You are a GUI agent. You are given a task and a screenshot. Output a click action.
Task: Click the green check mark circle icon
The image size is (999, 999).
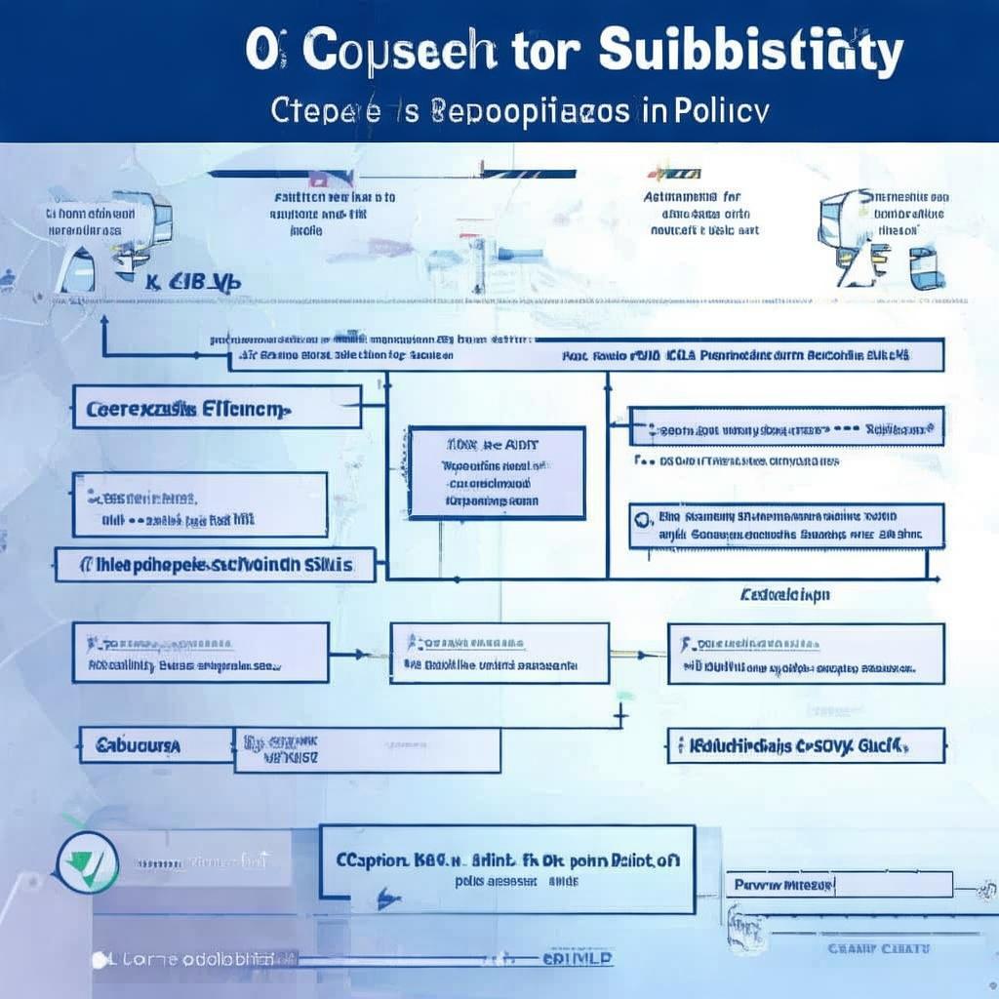pos(87,863)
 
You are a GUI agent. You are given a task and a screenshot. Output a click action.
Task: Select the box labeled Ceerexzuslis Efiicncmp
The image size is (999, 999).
pos(217,408)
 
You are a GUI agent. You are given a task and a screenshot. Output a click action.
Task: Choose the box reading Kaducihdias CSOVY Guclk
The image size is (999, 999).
pos(806,746)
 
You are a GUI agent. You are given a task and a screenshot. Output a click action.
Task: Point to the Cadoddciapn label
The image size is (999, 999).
pos(785,593)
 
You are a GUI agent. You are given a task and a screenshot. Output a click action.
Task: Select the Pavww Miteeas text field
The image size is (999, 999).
pos(839,885)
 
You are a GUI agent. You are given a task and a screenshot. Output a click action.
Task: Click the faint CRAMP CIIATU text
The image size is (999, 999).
pos(878,948)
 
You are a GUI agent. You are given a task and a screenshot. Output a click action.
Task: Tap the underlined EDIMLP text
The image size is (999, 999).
pos(579,959)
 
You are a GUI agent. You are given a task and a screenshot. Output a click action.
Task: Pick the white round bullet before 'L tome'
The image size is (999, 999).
pos(99,960)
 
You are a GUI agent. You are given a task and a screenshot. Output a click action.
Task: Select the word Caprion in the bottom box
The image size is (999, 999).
pos(372,860)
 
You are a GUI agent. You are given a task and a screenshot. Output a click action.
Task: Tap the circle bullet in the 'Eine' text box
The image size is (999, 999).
pos(641,517)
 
